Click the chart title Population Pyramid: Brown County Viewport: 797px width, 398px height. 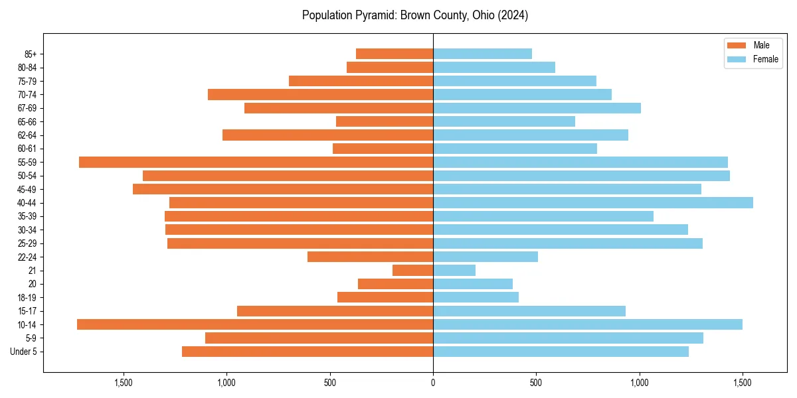[x=415, y=15]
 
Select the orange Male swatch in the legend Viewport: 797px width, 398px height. [x=737, y=45]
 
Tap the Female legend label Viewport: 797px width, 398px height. [x=765, y=59]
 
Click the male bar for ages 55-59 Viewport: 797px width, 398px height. [x=256, y=162]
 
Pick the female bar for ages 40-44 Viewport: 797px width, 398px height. [x=593, y=203]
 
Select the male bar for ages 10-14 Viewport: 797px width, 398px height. [x=255, y=324]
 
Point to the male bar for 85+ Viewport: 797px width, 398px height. [x=395, y=54]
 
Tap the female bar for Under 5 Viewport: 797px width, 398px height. [x=561, y=352]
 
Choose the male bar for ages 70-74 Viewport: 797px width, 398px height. [x=320, y=94]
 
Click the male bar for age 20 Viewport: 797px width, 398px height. [x=395, y=284]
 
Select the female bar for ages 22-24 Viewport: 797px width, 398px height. [x=486, y=257]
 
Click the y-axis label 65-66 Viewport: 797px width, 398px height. [x=27, y=121]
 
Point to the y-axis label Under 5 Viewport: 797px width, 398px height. [x=24, y=352]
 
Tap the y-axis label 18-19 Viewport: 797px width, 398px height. [x=27, y=297]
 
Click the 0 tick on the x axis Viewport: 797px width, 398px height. [x=433, y=382]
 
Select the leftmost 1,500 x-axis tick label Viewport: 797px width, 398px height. [x=124, y=382]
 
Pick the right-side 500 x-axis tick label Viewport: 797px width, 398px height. [x=536, y=382]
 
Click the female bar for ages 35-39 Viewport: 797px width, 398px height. [x=543, y=216]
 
